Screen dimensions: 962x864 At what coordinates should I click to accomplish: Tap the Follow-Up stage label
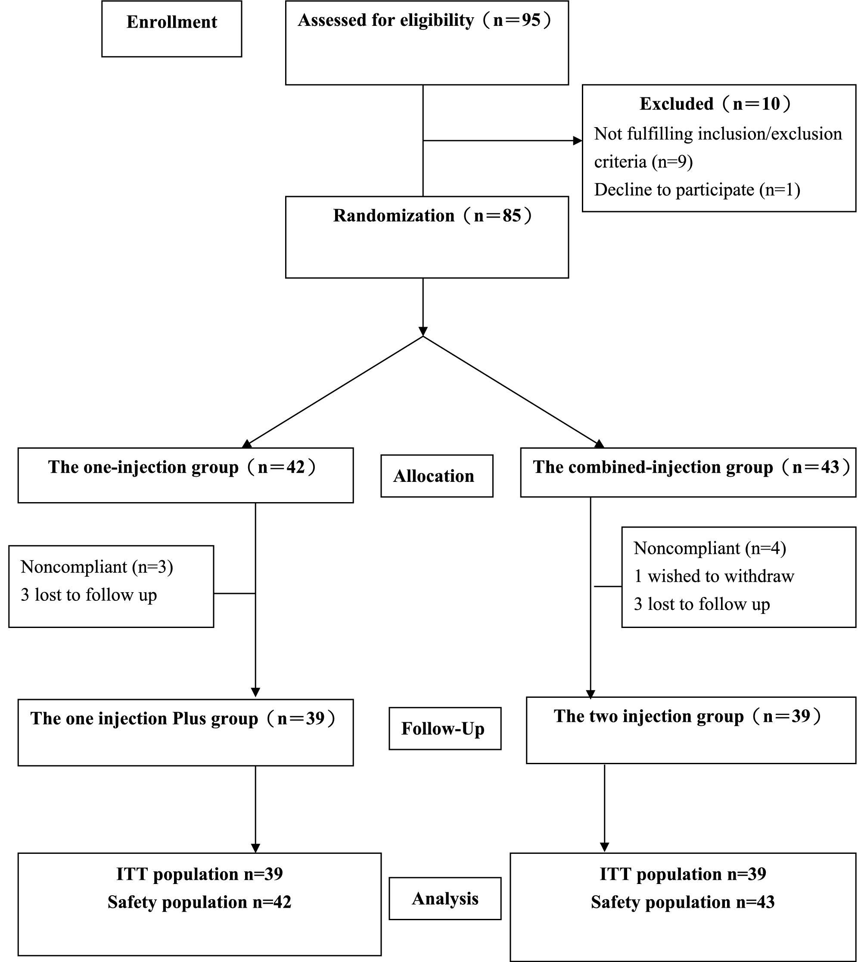click(444, 729)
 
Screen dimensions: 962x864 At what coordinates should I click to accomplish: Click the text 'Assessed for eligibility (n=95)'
click(424, 20)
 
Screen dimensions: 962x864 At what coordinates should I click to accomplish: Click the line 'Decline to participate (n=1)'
click(696, 190)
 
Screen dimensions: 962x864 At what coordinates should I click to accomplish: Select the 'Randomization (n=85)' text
click(432, 216)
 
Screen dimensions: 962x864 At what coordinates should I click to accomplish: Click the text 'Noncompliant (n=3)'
click(97, 567)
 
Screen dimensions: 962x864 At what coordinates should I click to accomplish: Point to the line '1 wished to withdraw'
click(714, 576)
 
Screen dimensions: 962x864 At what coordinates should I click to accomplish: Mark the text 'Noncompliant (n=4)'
click(709, 548)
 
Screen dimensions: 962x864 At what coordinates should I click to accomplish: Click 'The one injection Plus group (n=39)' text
click(183, 718)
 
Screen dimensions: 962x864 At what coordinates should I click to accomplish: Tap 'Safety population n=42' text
click(199, 902)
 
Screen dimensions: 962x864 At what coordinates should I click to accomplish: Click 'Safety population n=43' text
click(682, 902)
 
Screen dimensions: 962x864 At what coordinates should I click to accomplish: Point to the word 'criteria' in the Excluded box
click(620, 162)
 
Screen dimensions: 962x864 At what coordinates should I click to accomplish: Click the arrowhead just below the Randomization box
click(423, 331)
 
